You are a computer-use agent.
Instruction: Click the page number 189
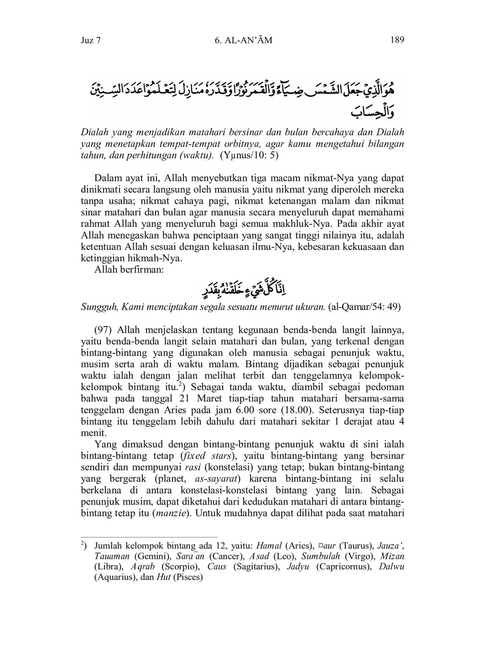(397, 40)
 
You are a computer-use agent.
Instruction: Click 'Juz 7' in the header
(90, 40)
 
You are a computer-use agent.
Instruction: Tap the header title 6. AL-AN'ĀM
(243, 40)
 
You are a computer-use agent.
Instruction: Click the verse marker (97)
(104, 330)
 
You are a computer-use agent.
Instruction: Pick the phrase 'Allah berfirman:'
(129, 269)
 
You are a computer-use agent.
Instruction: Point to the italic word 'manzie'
(171, 513)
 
